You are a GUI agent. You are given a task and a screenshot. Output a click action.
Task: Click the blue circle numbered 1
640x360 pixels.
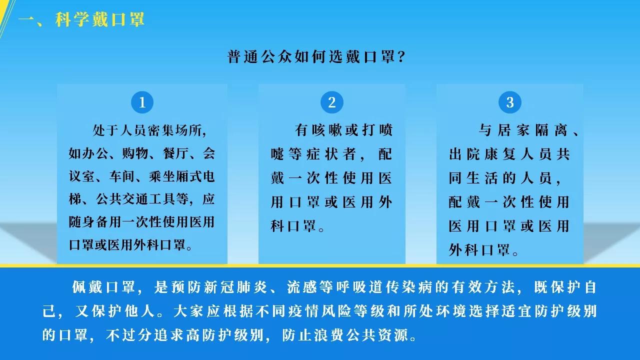142,102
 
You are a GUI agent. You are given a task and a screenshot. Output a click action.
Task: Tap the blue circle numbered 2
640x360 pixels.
331,102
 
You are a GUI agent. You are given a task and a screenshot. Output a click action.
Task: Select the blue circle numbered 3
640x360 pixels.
509,102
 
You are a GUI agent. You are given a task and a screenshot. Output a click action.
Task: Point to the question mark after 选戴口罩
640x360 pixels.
401,56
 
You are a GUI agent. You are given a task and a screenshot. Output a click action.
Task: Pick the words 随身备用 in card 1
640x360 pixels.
95,222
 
